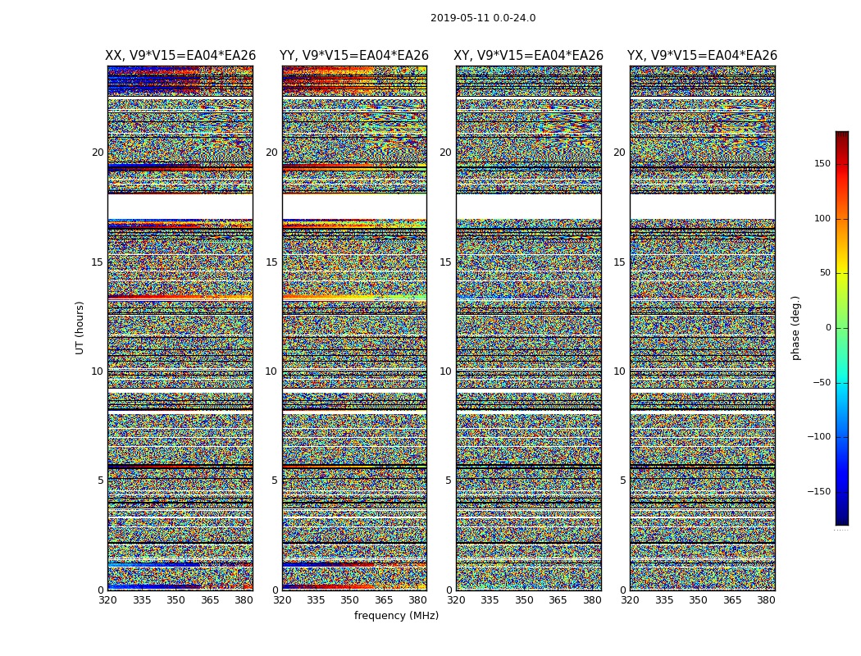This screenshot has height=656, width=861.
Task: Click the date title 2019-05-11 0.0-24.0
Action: (483, 18)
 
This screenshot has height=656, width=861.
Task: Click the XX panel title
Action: (180, 56)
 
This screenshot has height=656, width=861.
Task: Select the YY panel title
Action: (354, 56)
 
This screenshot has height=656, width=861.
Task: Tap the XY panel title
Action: (529, 56)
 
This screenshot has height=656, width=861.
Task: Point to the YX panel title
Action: (702, 56)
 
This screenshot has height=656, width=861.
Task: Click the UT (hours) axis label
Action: (80, 327)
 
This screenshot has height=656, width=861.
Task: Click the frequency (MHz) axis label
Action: (396, 616)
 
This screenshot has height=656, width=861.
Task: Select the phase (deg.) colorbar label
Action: (795, 327)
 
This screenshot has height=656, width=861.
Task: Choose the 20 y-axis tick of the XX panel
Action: (98, 153)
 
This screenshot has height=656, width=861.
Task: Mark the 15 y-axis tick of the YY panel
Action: (271, 262)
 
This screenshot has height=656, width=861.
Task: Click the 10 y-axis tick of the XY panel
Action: (445, 371)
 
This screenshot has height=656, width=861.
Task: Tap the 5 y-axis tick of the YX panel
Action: (622, 481)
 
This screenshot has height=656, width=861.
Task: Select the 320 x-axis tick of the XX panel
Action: (108, 600)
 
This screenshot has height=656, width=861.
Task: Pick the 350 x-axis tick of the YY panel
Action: (350, 600)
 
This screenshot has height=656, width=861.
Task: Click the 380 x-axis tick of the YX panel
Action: (766, 600)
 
